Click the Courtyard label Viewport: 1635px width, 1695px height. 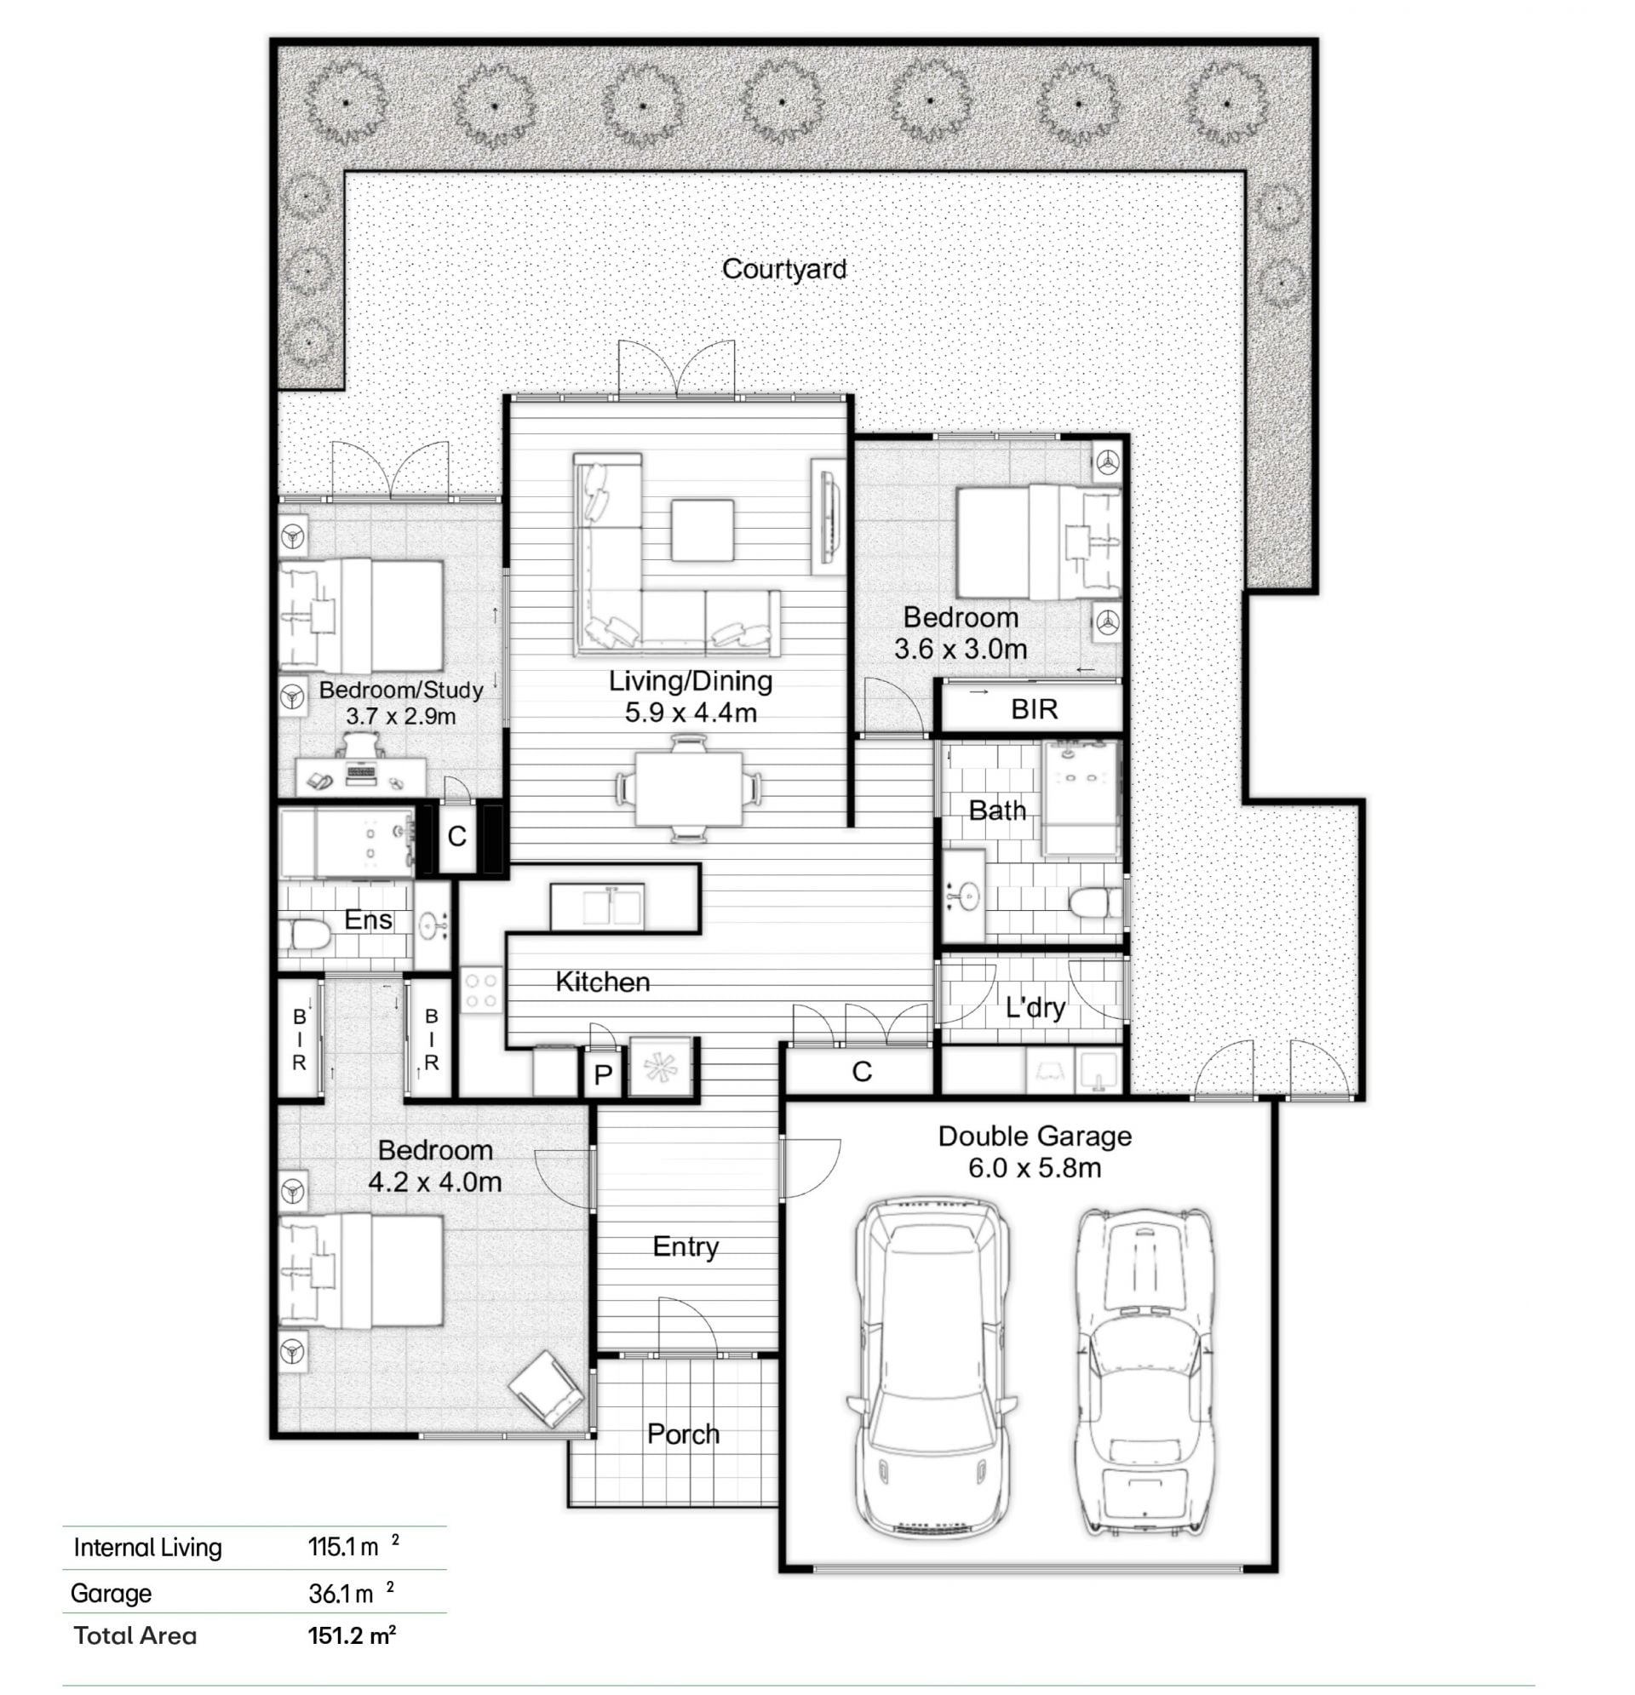pos(783,269)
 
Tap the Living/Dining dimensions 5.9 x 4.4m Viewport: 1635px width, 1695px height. pos(691,713)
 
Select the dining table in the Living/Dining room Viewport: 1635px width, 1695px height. pos(689,788)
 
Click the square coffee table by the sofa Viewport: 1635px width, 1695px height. pos(702,530)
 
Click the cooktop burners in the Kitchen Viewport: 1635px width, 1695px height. pos(480,990)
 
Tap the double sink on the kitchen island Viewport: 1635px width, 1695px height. pos(611,906)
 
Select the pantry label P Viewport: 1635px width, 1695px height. pos(603,1074)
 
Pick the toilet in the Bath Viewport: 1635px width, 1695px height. pos(1093,904)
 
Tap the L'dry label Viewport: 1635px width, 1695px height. pos(1035,1007)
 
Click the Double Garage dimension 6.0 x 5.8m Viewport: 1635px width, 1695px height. pos(1034,1168)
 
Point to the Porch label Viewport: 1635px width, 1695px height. pos(683,1434)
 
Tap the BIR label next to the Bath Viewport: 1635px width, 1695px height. pos(1034,709)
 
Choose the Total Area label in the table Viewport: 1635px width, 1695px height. pos(135,1635)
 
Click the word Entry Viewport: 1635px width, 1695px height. pos(686,1248)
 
